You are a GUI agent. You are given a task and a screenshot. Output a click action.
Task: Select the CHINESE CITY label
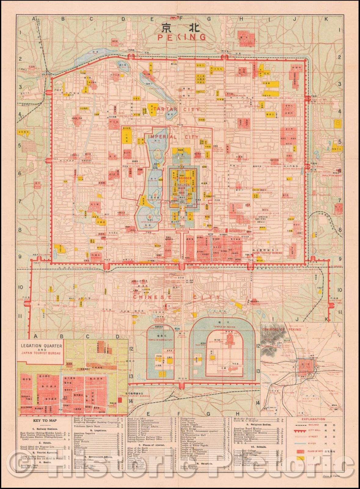[176, 297]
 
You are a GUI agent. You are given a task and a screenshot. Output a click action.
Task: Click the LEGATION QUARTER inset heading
[42, 346]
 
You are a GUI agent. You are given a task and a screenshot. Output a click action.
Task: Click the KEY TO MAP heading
[45, 421]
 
